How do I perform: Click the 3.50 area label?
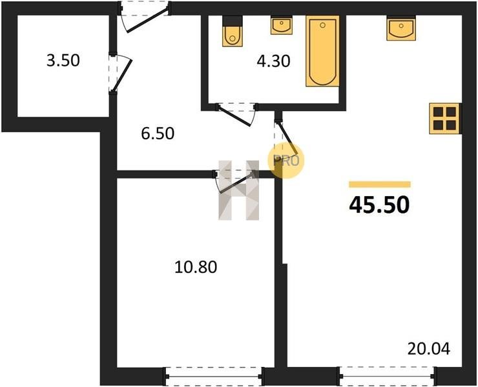tap(63, 60)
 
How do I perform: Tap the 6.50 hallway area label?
tap(158, 134)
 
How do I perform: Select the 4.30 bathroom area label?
tap(273, 61)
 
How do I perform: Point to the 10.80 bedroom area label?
tap(196, 267)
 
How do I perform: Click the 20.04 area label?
tap(429, 349)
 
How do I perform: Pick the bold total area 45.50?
tap(379, 205)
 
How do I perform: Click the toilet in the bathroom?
tap(233, 31)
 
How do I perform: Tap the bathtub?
tap(322, 51)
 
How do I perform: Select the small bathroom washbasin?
tap(282, 25)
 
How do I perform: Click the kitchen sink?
tap(401, 28)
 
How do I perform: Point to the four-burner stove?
tap(445, 119)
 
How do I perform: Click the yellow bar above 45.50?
tap(380, 184)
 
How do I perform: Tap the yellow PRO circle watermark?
tap(286, 161)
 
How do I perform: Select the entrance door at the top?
tap(145, 17)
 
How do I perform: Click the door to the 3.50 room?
tap(120, 73)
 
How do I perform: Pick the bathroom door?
tap(236, 114)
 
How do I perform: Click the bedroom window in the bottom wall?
tap(214, 376)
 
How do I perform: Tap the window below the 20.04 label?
tap(387, 376)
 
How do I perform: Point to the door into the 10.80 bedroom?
tap(234, 181)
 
